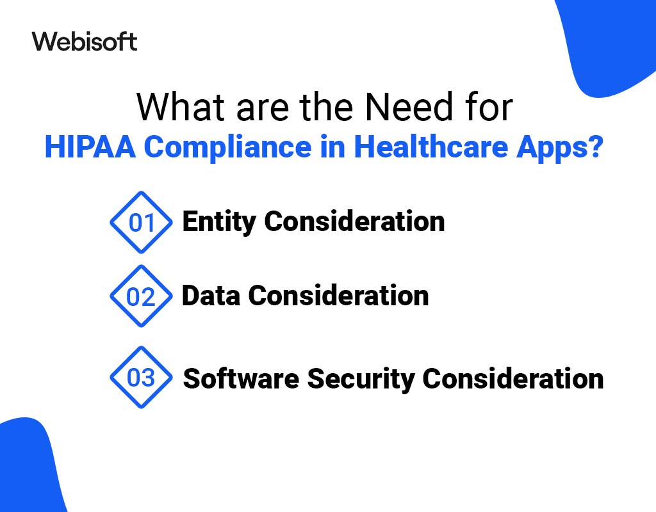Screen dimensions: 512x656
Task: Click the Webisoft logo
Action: click(84, 42)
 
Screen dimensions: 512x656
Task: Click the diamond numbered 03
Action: click(142, 378)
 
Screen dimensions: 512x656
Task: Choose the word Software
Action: click(240, 378)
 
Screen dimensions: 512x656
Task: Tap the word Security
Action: click(361, 380)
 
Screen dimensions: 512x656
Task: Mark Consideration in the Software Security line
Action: click(512, 378)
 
